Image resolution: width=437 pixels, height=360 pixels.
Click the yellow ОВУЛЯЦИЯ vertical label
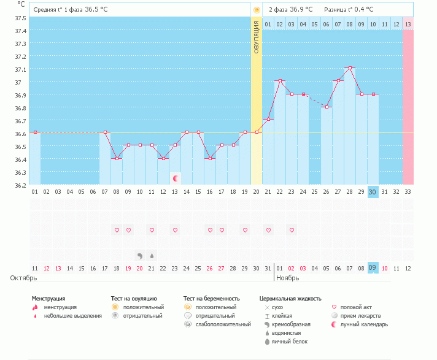[257, 37]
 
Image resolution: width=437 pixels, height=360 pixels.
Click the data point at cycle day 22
[280, 81]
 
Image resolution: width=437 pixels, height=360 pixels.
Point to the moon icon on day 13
[176, 178]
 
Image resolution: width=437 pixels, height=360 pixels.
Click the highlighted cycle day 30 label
[373, 192]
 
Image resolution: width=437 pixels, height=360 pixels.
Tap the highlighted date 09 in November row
[373, 268]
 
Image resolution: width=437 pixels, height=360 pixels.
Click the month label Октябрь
[23, 278]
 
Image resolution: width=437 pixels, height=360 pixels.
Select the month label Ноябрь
[287, 278]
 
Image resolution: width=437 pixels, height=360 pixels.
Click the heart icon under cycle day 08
[117, 230]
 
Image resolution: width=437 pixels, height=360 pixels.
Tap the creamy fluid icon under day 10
[140, 255]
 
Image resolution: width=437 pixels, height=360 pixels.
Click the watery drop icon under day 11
[152, 255]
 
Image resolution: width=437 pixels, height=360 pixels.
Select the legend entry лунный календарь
[365, 324]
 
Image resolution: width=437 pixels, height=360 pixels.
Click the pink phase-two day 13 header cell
[408, 24]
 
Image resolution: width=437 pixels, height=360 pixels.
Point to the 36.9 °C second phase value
[301, 10]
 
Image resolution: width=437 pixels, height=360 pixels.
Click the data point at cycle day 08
[117, 158]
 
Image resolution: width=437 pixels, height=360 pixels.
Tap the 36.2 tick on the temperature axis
[21, 185]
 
